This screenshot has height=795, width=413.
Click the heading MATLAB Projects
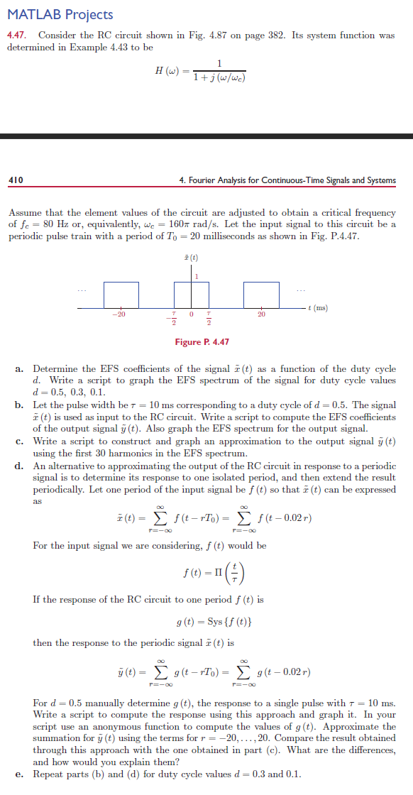[x=60, y=14]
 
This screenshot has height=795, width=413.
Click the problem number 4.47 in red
[x=16, y=35]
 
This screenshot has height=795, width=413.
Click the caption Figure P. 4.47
[x=202, y=342]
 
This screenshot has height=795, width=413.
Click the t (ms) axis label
[x=316, y=307]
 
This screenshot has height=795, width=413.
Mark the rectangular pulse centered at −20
[x=122, y=295]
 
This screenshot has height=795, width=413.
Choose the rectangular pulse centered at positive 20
[x=261, y=295]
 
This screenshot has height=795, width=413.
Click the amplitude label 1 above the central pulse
[x=196, y=275]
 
